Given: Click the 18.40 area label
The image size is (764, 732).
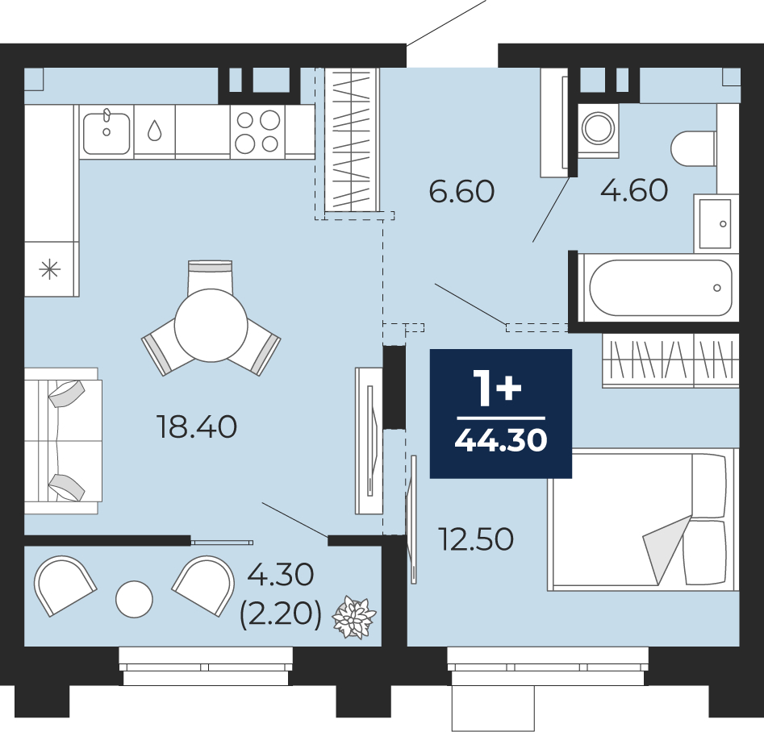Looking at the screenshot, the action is click(197, 426).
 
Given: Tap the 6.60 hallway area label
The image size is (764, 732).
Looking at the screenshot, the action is click(461, 191).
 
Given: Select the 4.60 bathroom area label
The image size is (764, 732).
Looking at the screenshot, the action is click(634, 190).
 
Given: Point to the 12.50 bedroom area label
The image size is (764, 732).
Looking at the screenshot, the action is click(476, 539).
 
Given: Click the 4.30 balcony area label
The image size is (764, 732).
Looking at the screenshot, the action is click(280, 575).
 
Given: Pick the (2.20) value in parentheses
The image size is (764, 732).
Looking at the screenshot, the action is click(281, 614).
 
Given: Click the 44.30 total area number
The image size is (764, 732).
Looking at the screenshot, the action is click(501, 441).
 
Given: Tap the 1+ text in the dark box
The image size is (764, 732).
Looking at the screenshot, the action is click(498, 388).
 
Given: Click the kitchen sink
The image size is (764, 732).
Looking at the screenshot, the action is click(106, 132).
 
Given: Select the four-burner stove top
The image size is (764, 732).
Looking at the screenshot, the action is click(257, 131).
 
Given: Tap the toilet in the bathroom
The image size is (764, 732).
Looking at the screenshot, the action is click(693, 148).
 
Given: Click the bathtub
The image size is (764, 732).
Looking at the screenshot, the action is click(660, 288).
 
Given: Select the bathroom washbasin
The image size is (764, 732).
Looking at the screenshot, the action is click(715, 223).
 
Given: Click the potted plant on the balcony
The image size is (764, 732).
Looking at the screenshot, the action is click(354, 617).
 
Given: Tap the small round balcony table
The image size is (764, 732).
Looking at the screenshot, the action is click(134, 599).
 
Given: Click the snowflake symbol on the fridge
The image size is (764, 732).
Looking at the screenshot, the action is click(50, 269).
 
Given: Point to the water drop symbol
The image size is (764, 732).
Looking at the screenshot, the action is click(154, 131).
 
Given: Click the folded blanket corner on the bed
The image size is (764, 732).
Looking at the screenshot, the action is click(666, 549).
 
